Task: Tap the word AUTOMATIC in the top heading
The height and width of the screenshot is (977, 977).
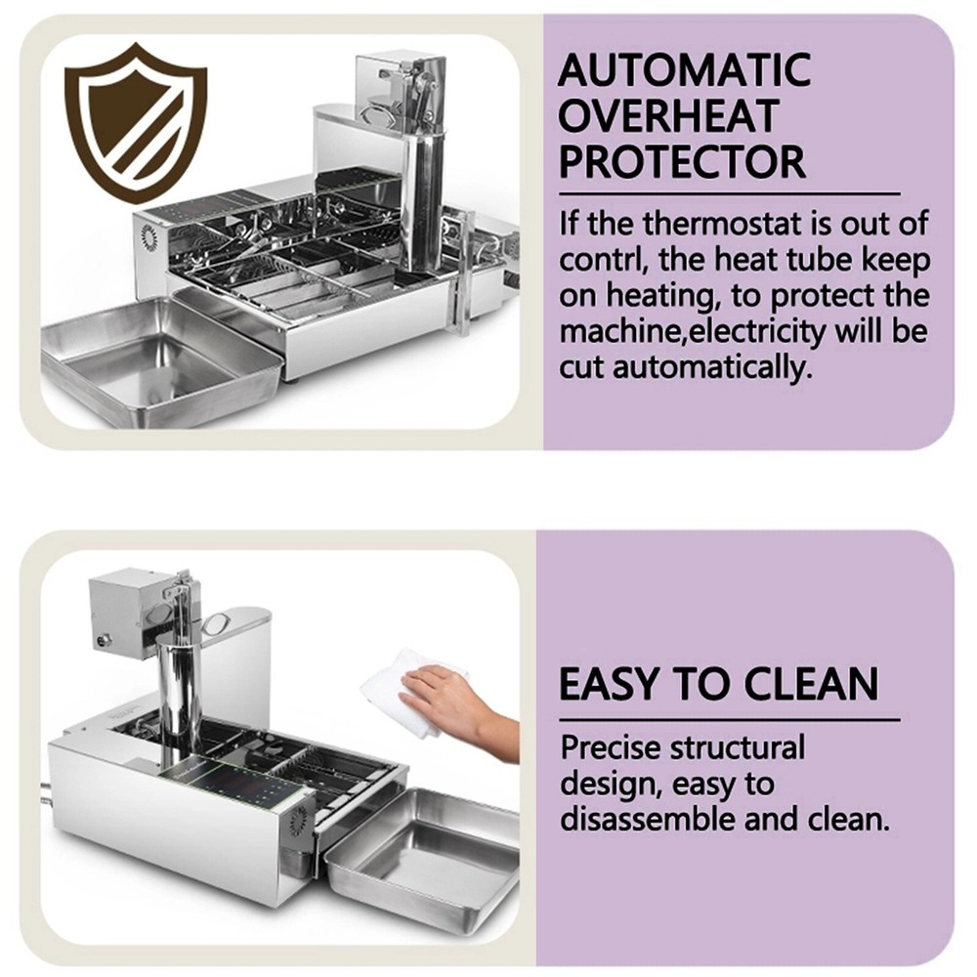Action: pos(684,69)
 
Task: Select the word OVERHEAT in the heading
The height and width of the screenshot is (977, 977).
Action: pos(668,115)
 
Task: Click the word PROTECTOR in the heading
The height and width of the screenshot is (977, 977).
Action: pos(682,161)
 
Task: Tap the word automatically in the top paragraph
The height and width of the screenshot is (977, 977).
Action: pos(713,367)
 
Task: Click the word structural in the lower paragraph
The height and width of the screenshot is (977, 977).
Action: pos(737,747)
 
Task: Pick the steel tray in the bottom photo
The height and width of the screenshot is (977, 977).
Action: pos(422,852)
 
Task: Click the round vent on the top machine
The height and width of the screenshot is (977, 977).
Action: pos(149,236)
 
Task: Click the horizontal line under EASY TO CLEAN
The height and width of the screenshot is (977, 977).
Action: pos(730,720)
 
